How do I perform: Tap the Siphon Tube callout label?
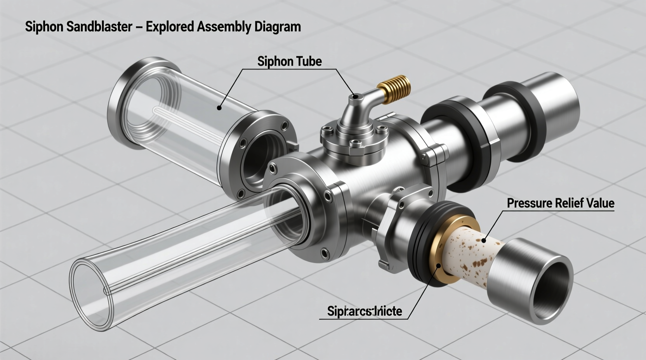point(289,61)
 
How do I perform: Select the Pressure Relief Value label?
point(560,203)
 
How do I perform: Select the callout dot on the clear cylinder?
point(219,108)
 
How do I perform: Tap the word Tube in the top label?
point(309,61)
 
